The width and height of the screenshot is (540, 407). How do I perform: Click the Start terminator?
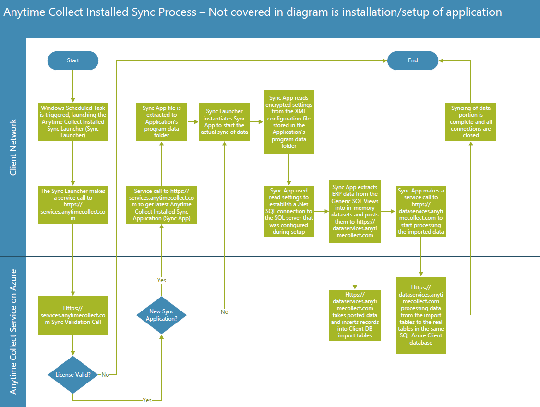[x=73, y=60]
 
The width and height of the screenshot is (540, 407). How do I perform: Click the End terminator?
[x=413, y=60]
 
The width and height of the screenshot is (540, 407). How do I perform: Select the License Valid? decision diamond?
[x=73, y=374]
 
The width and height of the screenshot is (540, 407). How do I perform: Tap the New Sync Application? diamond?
[x=161, y=315]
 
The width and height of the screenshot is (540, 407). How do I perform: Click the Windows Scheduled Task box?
[x=73, y=122]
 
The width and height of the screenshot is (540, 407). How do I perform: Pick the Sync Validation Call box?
[x=73, y=315]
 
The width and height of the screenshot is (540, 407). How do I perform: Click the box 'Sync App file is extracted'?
[x=161, y=121]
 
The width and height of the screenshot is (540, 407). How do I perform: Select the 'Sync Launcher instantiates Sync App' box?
[x=224, y=121]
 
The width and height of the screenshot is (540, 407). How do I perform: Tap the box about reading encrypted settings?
[x=288, y=122]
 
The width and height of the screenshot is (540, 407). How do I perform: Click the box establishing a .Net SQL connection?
[x=288, y=211]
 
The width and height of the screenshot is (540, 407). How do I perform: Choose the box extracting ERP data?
[x=355, y=211]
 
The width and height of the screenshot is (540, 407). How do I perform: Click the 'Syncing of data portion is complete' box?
[x=470, y=121]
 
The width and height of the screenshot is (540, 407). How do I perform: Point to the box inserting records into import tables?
[x=355, y=315]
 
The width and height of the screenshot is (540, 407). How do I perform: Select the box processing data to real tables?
[x=421, y=315]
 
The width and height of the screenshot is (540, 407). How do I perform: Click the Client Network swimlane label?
[x=13, y=147]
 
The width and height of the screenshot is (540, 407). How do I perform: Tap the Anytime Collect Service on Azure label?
[x=13, y=332]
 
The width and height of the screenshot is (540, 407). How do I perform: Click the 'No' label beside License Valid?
[x=105, y=374]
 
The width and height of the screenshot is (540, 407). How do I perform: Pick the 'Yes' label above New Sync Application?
[x=161, y=280]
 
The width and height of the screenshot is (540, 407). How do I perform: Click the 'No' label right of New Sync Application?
[x=224, y=312]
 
